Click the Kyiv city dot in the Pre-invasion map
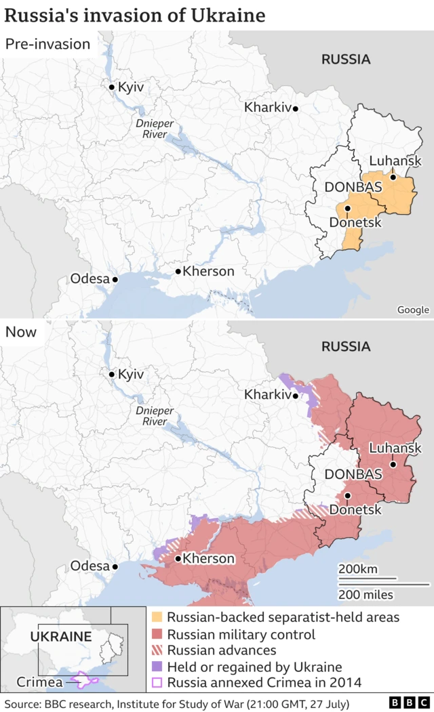point(112,87)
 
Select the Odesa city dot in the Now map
point(115,566)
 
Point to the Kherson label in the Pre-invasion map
point(209,271)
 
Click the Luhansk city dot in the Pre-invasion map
point(393,177)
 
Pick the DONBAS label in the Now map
point(353,474)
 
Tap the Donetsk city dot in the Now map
point(347,496)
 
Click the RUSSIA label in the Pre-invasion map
point(346,60)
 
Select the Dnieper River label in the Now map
point(155,416)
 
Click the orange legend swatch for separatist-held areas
point(157,617)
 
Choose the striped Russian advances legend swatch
point(157,650)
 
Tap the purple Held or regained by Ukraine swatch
point(157,667)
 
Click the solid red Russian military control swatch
point(157,634)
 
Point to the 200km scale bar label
point(358,568)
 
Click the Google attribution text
point(413,310)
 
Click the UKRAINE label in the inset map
point(61,637)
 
